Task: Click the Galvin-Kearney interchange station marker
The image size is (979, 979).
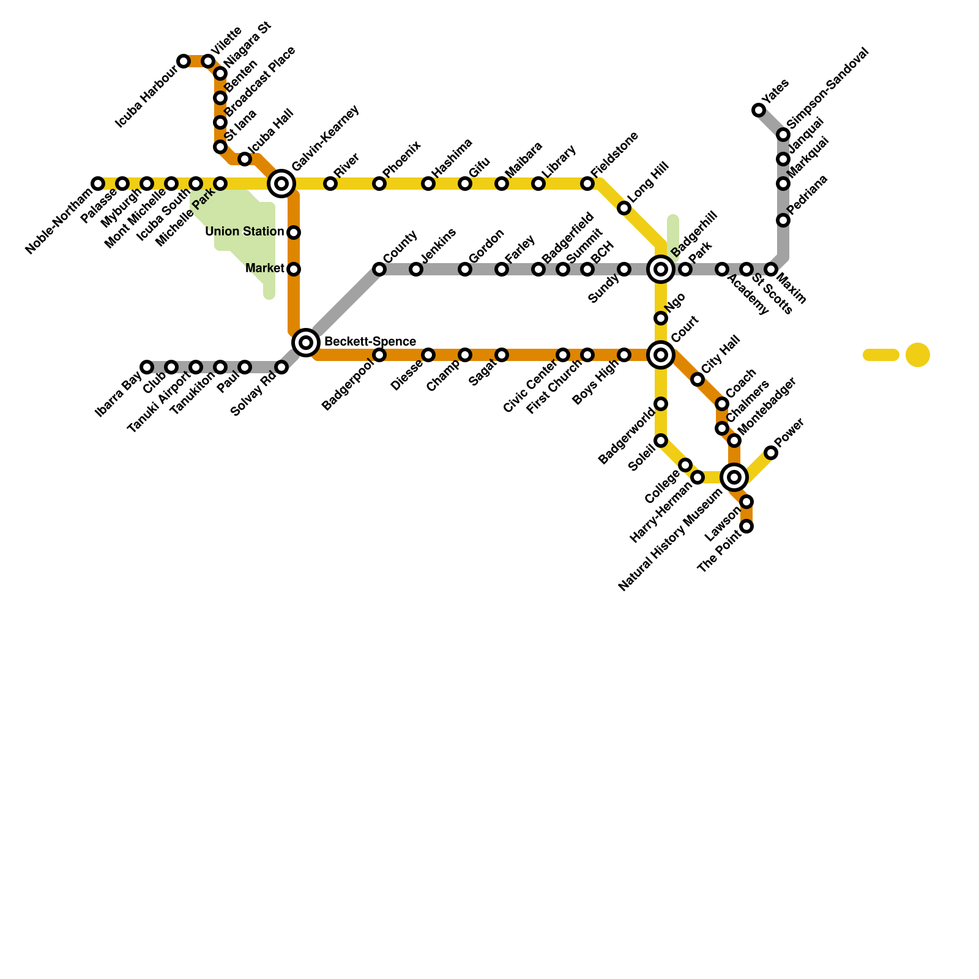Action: tap(281, 183)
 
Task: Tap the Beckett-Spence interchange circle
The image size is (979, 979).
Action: tap(306, 342)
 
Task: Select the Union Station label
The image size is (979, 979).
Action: tap(244, 232)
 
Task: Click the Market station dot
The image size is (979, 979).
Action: tap(294, 269)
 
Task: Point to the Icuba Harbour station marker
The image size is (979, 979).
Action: tap(184, 61)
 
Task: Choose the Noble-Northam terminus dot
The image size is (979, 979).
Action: tap(98, 183)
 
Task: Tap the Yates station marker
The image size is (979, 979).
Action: tap(759, 110)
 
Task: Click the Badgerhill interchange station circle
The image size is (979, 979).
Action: tap(661, 269)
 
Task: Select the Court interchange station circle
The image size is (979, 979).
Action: tap(661, 354)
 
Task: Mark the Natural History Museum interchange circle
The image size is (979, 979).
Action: tap(734, 477)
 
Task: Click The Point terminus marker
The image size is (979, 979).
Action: tap(746, 526)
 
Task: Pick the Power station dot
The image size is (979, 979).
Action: tap(771, 453)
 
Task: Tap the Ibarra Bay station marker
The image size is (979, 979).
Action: tap(147, 367)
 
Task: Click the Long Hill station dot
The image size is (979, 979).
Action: tap(624, 208)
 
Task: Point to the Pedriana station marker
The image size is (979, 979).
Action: tap(783, 220)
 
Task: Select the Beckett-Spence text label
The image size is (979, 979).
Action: tap(370, 341)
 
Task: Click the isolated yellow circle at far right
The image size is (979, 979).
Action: tap(918, 355)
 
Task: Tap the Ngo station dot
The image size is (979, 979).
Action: tap(661, 318)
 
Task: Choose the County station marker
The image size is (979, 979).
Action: tap(379, 269)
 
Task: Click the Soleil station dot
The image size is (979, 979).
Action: tap(661, 441)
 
